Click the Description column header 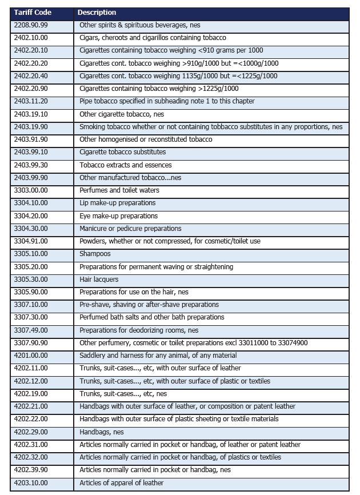point(97,13)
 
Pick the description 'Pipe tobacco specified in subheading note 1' point(167,101)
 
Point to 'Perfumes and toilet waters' point(119,190)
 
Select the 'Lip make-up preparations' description point(117,203)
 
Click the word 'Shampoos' point(95,254)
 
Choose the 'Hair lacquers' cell point(99,280)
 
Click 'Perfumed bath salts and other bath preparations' point(151,317)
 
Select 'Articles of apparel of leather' point(121,482)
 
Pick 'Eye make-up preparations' point(118,216)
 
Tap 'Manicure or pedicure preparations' point(130,229)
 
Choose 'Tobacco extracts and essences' point(125,165)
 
